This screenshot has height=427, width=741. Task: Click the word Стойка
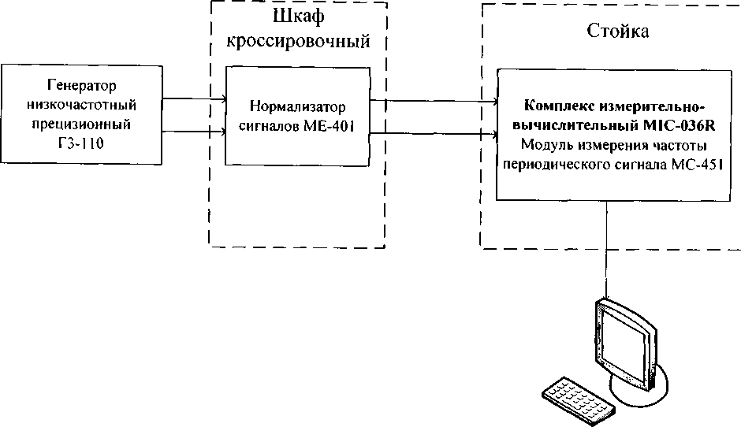coord(618,32)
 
